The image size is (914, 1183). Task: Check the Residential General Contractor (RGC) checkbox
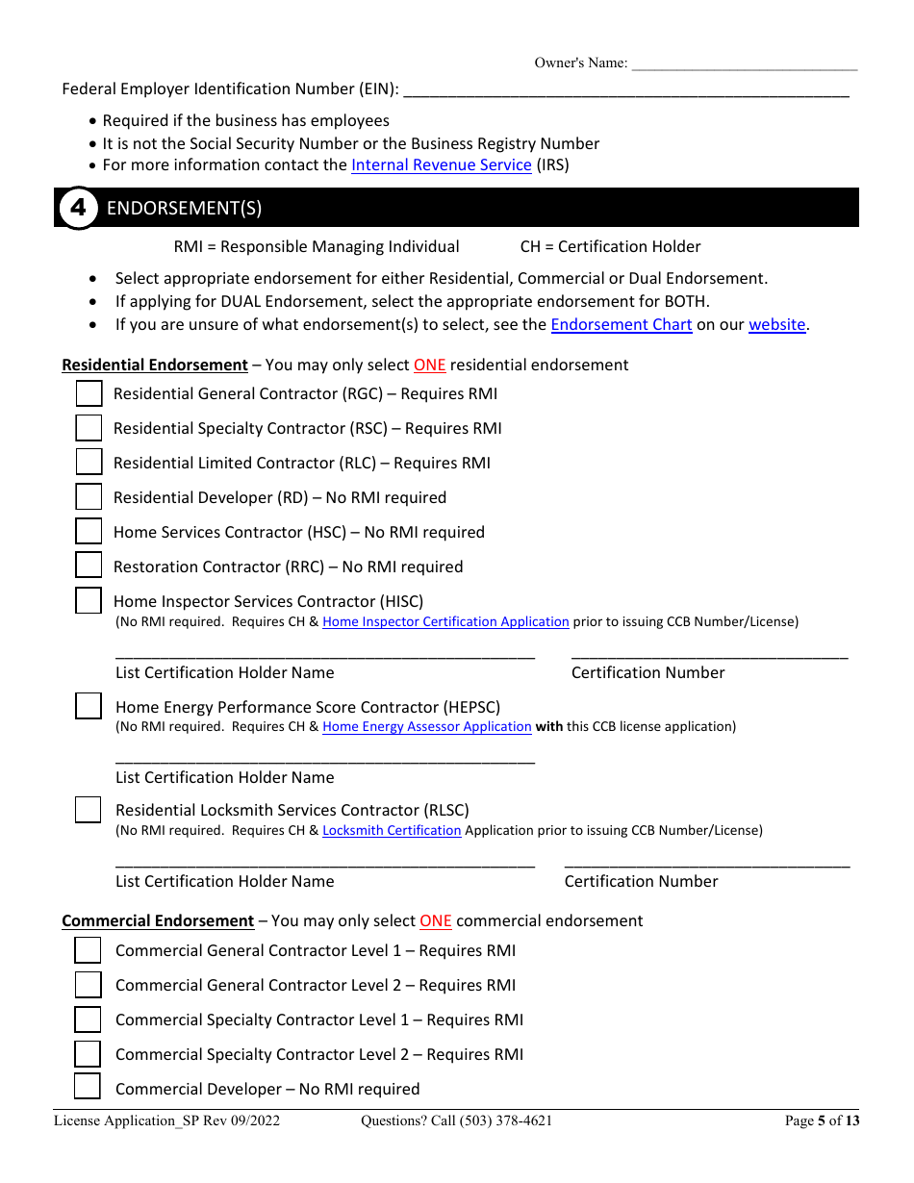point(89,393)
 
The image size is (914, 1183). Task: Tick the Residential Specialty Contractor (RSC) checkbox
point(89,428)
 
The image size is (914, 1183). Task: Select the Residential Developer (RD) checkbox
point(89,497)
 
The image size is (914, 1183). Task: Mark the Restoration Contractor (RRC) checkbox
point(89,566)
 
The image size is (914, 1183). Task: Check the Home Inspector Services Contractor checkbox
point(89,600)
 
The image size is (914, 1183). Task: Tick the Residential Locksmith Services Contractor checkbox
point(89,810)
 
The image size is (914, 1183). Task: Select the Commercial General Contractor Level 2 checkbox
point(89,985)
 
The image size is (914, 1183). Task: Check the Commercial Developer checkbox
point(89,1087)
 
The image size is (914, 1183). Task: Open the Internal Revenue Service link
point(441,164)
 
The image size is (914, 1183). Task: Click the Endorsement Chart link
point(621,324)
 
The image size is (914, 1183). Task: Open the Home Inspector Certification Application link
point(445,621)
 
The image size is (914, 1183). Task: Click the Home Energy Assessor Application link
point(426,726)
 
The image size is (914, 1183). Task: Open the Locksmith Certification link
point(392,830)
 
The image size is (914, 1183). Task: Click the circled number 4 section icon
point(78,208)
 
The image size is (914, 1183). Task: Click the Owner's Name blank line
point(744,64)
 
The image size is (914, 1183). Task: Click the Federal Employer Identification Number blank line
point(625,90)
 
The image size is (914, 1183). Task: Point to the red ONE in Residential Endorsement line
point(429,365)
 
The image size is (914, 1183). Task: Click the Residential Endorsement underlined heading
point(155,365)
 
